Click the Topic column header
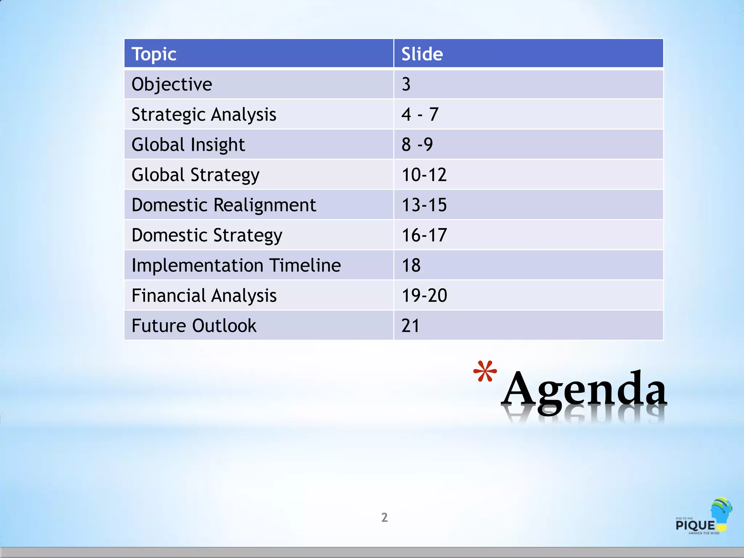point(154,54)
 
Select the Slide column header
point(422,54)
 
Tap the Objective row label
point(172,84)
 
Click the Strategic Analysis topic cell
point(204,114)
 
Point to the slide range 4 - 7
point(420,114)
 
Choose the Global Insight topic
point(188,145)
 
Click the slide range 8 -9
point(417,145)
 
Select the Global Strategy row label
point(195,175)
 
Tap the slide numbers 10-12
point(424,175)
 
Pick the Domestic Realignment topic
point(224,205)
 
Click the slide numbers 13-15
point(424,205)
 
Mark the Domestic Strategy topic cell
point(207,235)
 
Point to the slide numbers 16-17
point(424,235)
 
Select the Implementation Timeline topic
point(236,265)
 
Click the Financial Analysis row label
point(204,295)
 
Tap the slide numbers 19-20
point(424,295)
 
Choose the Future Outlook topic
point(194,325)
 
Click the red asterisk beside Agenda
point(485,372)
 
